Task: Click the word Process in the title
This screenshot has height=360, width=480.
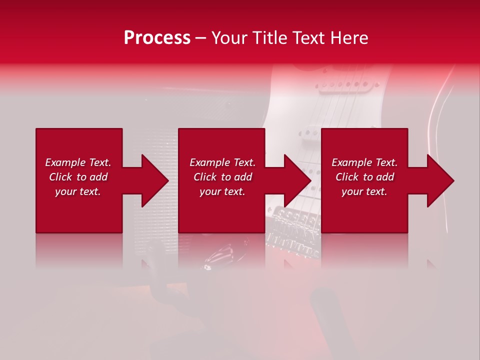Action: coord(157,38)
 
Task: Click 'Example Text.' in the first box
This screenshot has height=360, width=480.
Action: coord(78,162)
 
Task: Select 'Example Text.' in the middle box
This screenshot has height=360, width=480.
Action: coord(222,162)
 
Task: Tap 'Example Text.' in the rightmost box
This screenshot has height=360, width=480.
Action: coord(364,162)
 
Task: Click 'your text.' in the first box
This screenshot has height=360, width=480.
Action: coord(78,191)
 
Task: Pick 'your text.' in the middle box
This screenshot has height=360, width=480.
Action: coord(222,191)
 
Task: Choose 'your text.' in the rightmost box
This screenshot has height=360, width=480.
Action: coord(364,191)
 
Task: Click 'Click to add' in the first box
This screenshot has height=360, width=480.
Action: coord(78,177)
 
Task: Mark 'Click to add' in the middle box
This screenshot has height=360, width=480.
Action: coord(222,177)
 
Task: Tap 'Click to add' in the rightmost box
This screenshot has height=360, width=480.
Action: coord(364,177)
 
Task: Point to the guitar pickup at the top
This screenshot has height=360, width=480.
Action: coord(342,85)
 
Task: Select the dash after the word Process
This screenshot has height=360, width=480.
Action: coord(200,38)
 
